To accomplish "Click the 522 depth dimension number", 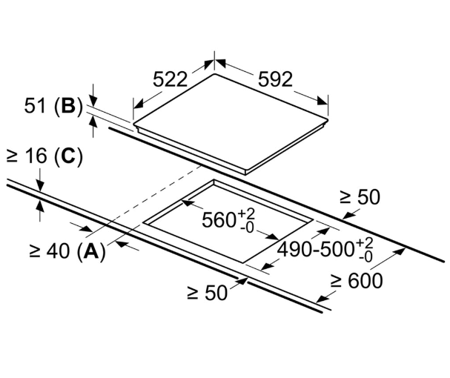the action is (170, 79).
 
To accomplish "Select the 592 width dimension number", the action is (275, 79).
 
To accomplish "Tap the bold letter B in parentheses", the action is (68, 106).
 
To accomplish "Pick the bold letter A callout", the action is (91, 251).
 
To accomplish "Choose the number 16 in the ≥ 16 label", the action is (36, 156).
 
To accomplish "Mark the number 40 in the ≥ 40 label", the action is (59, 251).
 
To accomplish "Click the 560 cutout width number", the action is (219, 220).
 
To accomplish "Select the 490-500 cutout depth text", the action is (315, 249).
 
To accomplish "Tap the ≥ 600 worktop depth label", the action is (356, 281).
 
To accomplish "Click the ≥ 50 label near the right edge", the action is (360, 197).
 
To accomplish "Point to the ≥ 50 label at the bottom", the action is (207, 293).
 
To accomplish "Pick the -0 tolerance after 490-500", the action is (365, 257).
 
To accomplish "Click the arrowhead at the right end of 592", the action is (322, 101).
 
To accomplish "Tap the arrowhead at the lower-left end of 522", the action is (139, 104).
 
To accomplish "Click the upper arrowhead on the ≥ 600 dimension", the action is (400, 252).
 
